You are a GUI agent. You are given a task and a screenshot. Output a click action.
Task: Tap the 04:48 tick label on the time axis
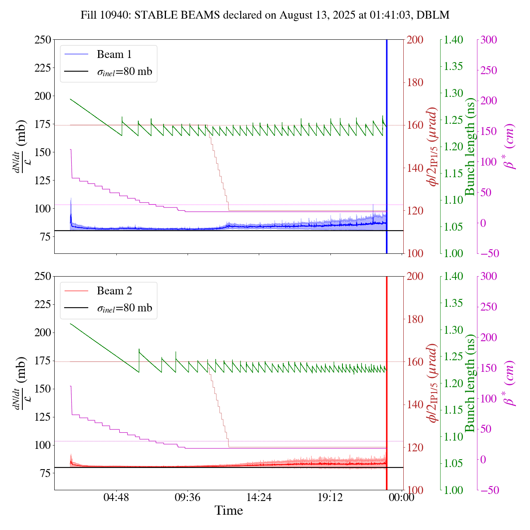tap(116, 497)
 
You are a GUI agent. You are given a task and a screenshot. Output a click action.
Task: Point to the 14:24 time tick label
tap(259, 497)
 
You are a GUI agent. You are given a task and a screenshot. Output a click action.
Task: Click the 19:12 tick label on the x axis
tap(330, 497)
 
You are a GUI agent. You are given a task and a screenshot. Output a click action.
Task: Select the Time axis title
tap(229, 511)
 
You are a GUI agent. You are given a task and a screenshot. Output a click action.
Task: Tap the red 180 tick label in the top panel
tap(415, 83)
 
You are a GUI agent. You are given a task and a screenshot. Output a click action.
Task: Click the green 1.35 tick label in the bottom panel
tap(453, 303)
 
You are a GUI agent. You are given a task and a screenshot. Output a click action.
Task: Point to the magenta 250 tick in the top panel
tap(489, 70)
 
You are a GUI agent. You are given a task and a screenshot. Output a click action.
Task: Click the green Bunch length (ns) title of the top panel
tap(470, 147)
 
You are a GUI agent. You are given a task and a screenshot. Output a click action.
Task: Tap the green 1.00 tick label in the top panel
tap(453, 254)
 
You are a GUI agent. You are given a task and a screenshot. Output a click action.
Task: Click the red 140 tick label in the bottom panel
tap(415, 405)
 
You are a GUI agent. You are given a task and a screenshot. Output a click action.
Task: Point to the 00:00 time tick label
tap(402, 497)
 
